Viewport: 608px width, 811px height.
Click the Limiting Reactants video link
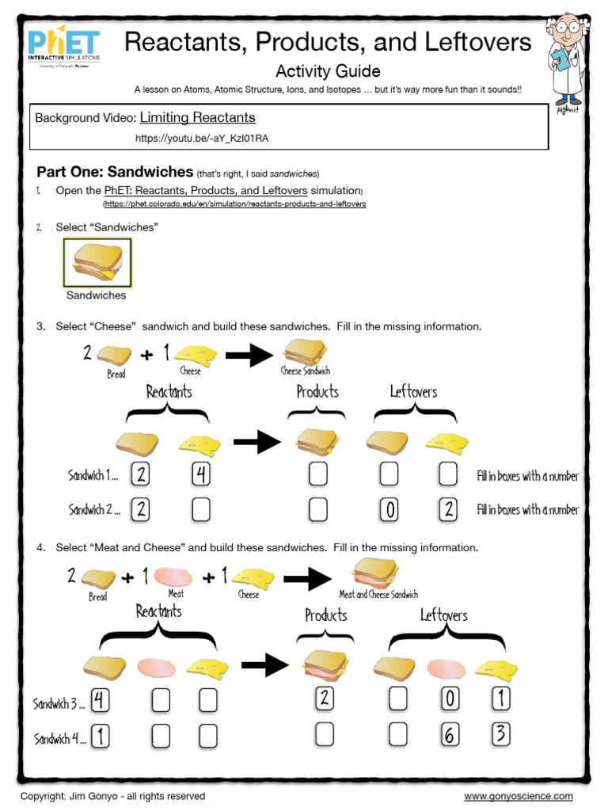(x=197, y=118)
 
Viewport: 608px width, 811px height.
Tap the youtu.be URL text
(x=202, y=138)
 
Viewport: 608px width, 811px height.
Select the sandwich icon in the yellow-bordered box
(x=97, y=262)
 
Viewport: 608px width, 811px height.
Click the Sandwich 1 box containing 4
(x=201, y=475)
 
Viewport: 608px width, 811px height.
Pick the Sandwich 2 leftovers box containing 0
(x=388, y=509)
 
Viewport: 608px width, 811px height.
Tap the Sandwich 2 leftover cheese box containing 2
(x=447, y=509)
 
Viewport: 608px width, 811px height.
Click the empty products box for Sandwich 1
(x=317, y=475)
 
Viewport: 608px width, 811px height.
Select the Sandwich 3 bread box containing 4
(x=100, y=699)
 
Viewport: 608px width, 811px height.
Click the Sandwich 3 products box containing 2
(x=325, y=699)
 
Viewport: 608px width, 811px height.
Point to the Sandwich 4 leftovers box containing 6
(x=450, y=736)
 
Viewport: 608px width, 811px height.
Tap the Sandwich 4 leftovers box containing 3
(x=500, y=734)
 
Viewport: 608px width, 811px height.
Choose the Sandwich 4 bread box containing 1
(x=100, y=737)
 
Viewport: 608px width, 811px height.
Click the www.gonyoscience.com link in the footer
(x=518, y=796)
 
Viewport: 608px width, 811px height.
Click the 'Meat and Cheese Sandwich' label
(x=378, y=594)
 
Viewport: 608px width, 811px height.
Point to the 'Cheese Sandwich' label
(x=306, y=370)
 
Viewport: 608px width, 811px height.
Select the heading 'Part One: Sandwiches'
(x=115, y=172)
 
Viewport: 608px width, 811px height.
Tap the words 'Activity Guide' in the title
(x=327, y=71)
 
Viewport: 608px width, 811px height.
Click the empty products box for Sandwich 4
(x=325, y=736)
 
